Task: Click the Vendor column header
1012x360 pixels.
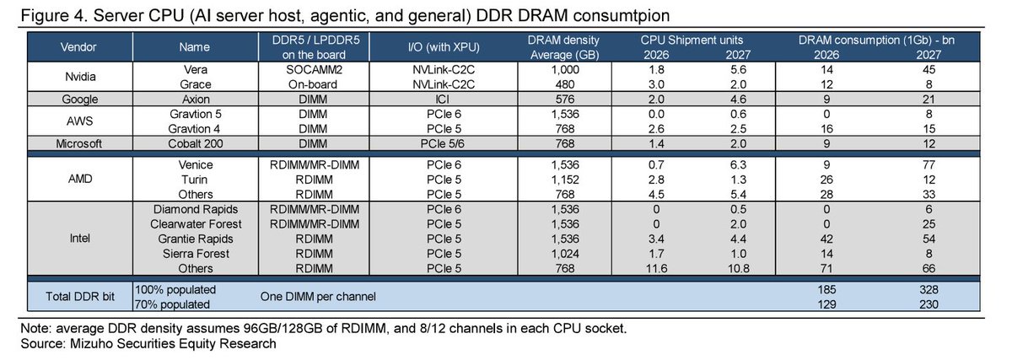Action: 78,47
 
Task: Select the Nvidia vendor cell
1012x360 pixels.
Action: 80,77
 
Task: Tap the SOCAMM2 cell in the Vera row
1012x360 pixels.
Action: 314,70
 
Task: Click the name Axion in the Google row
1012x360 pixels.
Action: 196,99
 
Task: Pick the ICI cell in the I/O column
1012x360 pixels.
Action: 443,99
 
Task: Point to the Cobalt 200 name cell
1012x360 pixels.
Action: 196,143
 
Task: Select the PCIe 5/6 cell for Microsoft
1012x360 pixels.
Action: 442,143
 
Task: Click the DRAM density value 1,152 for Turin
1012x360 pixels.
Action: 565,180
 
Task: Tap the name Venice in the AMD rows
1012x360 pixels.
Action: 196,164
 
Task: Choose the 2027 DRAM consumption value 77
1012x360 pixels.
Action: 929,164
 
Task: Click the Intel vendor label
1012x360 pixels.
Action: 80,238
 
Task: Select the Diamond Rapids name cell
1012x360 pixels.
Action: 196,209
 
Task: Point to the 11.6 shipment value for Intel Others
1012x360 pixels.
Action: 656,268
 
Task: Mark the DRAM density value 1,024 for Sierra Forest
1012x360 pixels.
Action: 565,254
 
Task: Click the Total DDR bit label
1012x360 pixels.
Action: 80,296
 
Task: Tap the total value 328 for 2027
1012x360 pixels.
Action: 929,289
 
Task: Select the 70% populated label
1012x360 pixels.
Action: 172,304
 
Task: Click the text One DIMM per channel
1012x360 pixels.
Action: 318,296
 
